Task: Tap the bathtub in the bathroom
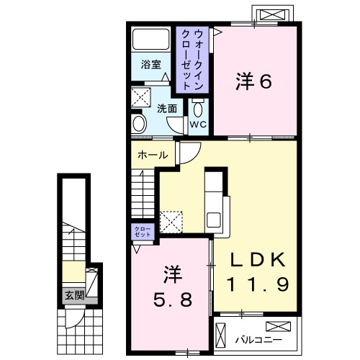click(152, 40)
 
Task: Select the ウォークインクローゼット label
click(192, 58)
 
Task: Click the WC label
click(199, 125)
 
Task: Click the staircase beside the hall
click(143, 198)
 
